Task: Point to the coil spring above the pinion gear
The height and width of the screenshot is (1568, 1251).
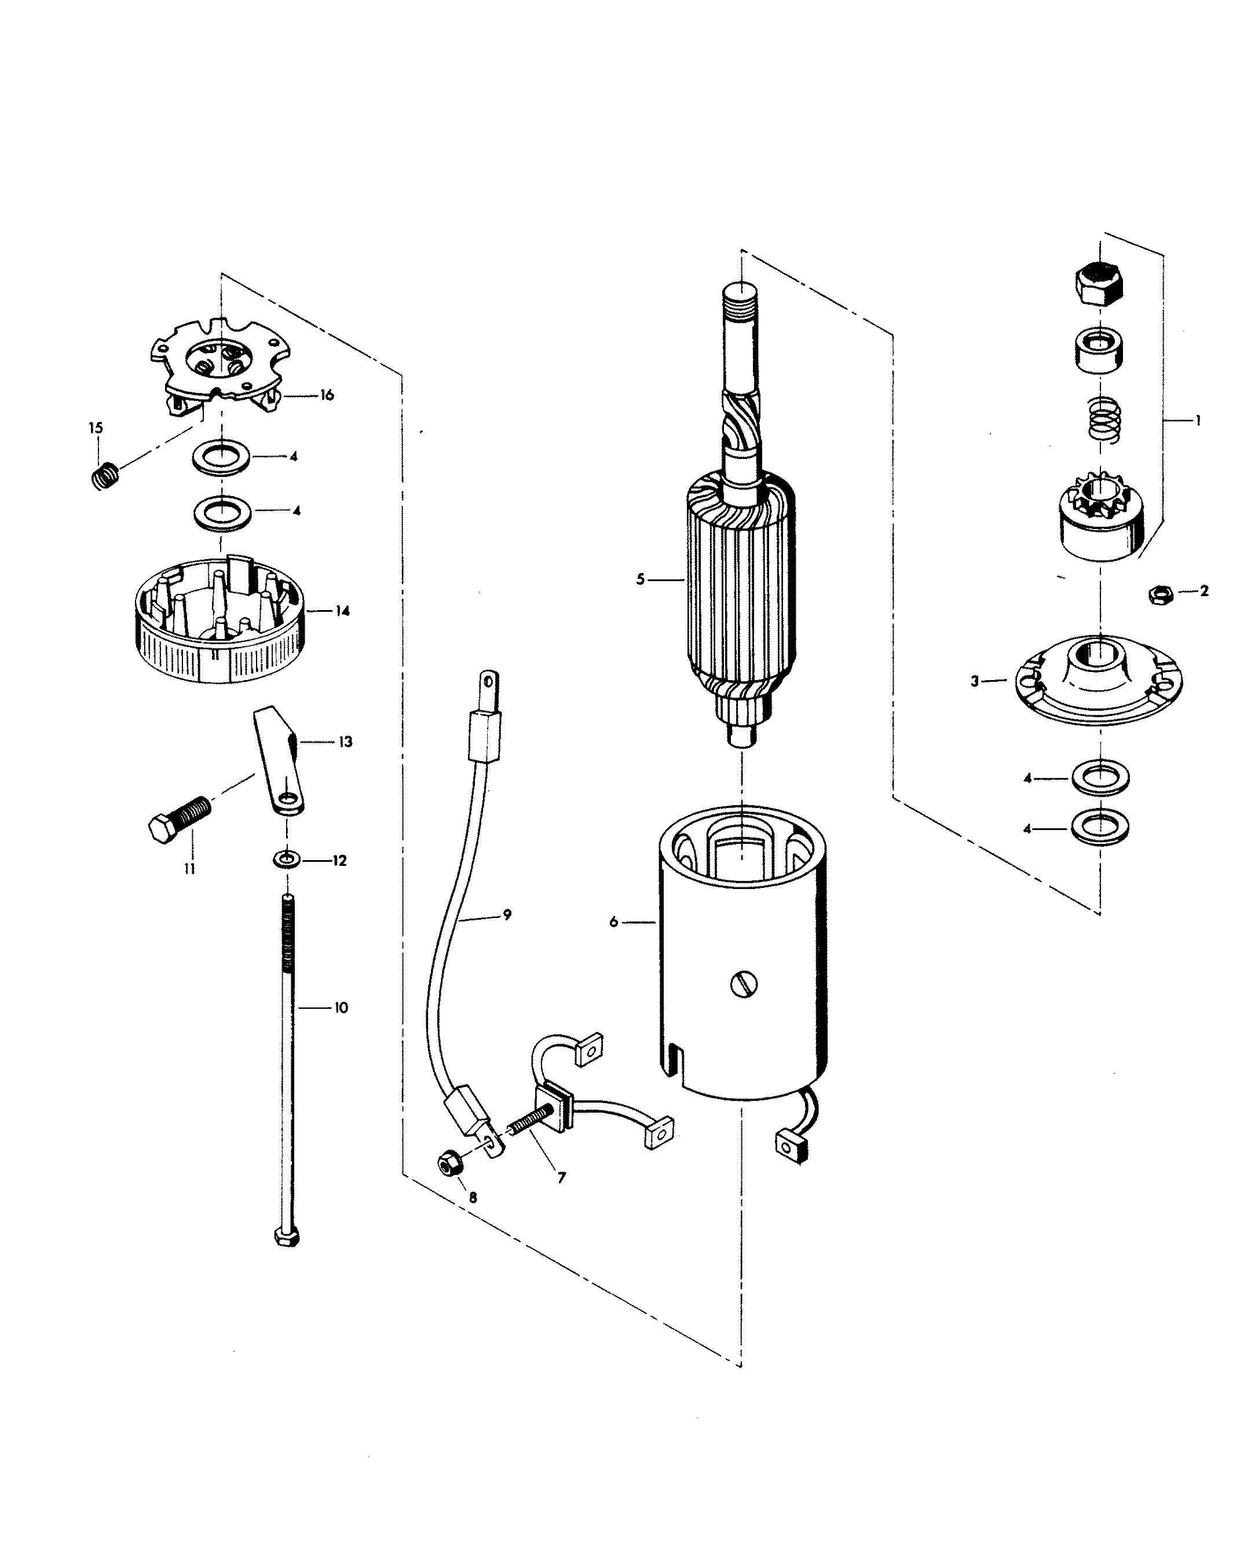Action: [x=1104, y=420]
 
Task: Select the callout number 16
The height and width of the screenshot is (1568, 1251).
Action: [x=327, y=395]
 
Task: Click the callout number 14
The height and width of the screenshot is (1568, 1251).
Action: [x=342, y=611]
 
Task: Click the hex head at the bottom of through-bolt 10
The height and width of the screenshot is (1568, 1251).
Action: [x=287, y=1236]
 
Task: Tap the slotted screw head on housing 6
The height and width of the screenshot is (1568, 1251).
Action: [x=743, y=985]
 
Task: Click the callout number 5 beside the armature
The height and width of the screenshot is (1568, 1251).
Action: [x=641, y=579]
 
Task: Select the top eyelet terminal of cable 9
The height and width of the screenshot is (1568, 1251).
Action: [x=488, y=684]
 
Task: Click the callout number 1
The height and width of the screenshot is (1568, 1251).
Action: [x=1197, y=420]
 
